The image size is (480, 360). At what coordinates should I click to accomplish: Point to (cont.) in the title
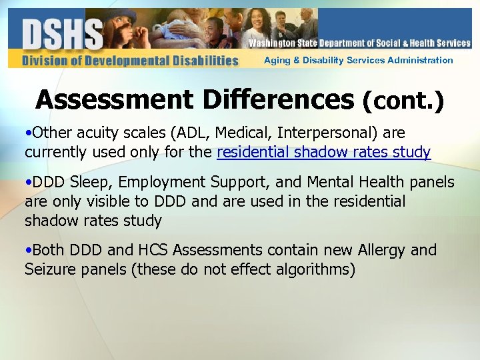[403, 101]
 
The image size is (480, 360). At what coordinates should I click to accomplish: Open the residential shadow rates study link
[323, 153]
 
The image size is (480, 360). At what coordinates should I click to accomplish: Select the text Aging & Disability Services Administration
[358, 61]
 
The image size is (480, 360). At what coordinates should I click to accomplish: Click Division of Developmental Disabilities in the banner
[129, 61]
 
